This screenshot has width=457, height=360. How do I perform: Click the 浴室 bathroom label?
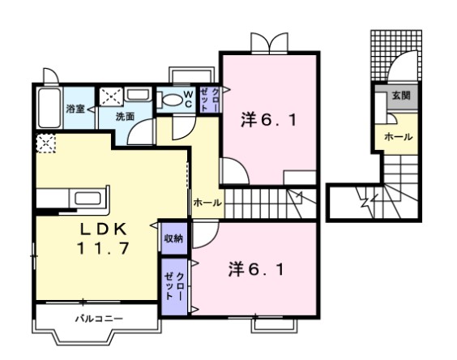(75, 108)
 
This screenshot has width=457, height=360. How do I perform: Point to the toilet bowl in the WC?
(169, 100)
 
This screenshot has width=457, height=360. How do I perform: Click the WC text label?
(187, 99)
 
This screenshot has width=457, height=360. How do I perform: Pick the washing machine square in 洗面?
(113, 96)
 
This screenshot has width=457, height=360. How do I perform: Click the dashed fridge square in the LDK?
(45, 145)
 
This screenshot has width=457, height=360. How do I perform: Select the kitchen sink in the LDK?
(86, 198)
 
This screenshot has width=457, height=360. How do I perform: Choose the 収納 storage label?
(173, 238)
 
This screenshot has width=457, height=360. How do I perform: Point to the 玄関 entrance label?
(401, 96)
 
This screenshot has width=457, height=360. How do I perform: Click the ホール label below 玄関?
(399, 136)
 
